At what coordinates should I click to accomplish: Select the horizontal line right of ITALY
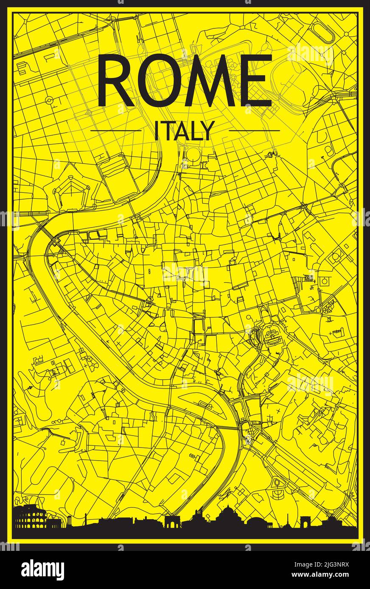[255, 131]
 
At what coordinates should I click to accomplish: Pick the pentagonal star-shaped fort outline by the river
[78, 187]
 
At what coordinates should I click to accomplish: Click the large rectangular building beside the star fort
[118, 177]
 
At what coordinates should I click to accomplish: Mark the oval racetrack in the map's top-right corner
[324, 31]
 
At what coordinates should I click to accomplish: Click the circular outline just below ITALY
[193, 153]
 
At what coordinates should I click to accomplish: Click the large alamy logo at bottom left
[42, 569]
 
